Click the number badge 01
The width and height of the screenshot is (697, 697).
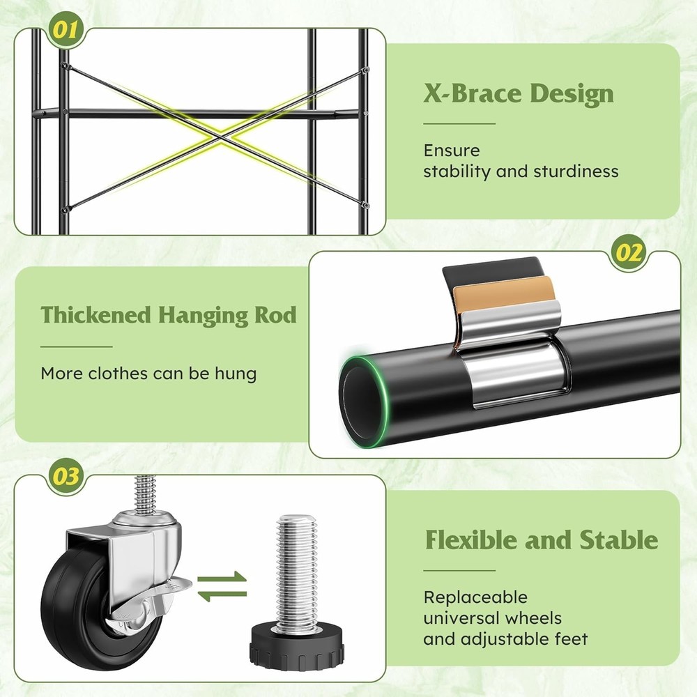(66, 30)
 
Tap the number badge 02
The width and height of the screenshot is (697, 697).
(628, 252)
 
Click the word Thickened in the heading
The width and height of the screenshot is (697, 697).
(96, 315)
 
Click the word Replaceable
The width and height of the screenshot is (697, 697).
(475, 597)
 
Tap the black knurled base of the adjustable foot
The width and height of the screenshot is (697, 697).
(296, 645)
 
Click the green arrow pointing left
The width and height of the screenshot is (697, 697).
(222, 595)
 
